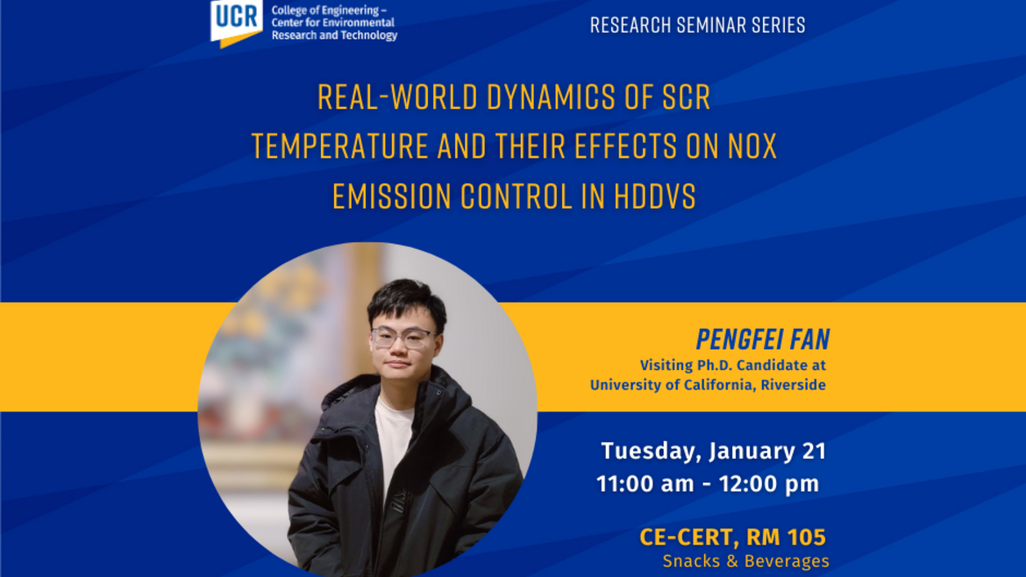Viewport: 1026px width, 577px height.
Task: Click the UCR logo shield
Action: [x=236, y=22]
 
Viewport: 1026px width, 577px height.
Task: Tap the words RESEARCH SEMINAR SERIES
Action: [x=697, y=25]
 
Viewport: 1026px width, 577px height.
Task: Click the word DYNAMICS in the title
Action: [x=551, y=97]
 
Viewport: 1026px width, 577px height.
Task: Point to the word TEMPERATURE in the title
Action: [x=339, y=146]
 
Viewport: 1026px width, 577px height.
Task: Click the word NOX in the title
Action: [x=752, y=146]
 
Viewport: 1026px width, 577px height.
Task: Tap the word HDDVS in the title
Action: [x=654, y=196]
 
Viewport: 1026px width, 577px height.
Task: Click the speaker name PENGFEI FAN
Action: [x=762, y=339]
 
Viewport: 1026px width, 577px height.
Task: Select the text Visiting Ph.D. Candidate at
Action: [x=733, y=365]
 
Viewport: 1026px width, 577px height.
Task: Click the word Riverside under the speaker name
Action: [x=793, y=385]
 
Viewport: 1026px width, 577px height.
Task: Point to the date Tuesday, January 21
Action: [x=713, y=452]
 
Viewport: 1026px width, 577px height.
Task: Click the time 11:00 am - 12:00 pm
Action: [x=708, y=484]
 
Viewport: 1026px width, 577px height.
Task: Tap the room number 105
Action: [x=806, y=537]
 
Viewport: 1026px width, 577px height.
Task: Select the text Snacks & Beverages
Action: [x=746, y=561]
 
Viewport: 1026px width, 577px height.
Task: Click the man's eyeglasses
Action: [x=402, y=338]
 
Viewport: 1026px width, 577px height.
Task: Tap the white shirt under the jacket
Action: [x=393, y=445]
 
